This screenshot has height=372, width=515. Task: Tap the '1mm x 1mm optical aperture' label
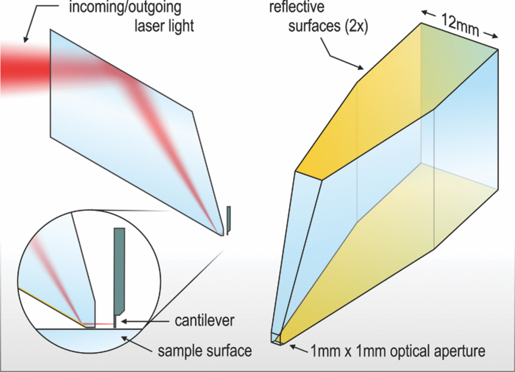(x=398, y=351)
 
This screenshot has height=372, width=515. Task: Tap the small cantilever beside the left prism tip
(x=229, y=218)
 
